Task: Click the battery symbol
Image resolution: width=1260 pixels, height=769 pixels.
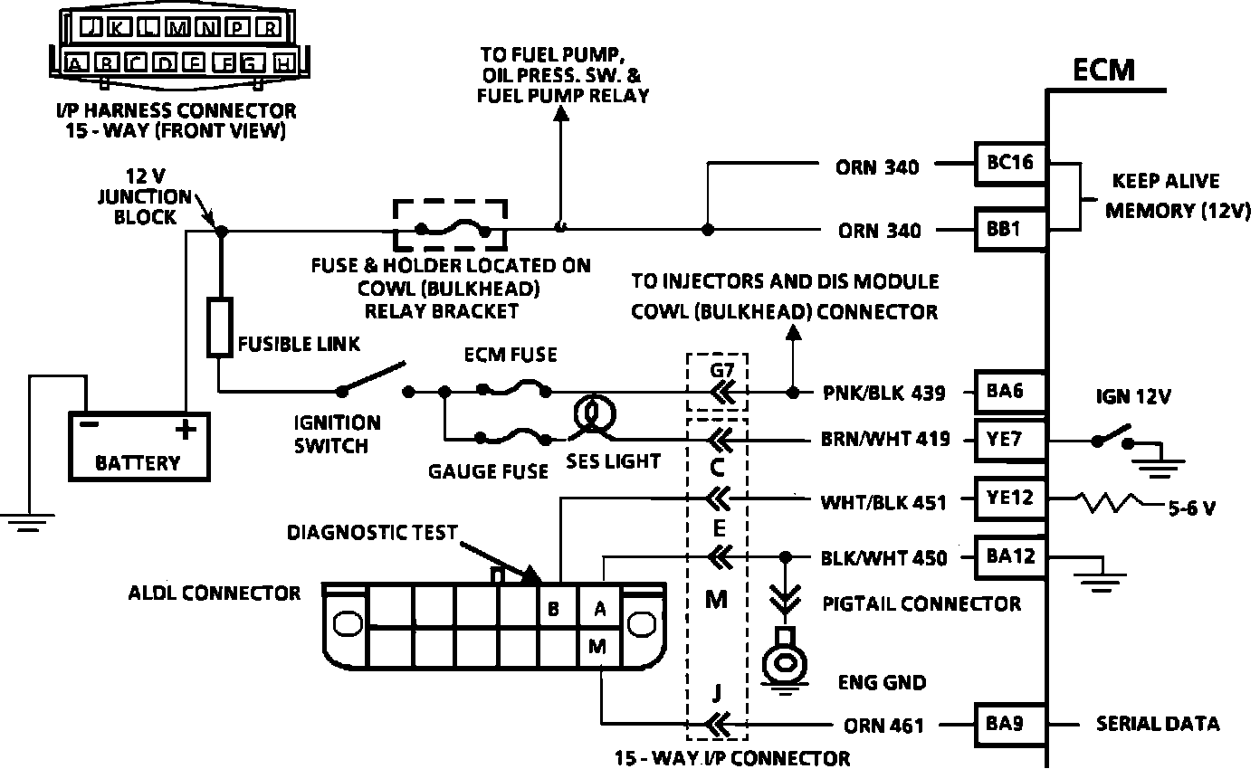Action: (139, 445)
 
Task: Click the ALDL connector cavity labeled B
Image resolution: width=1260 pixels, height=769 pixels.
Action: (553, 609)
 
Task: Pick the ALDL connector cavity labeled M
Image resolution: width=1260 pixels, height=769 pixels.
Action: (598, 646)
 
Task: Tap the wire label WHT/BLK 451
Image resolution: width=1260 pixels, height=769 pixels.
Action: (883, 500)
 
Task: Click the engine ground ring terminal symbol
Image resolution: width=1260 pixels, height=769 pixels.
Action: (784, 662)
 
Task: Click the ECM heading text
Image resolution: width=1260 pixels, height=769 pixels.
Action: (1103, 70)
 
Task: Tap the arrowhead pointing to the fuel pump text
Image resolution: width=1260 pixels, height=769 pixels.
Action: (561, 114)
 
